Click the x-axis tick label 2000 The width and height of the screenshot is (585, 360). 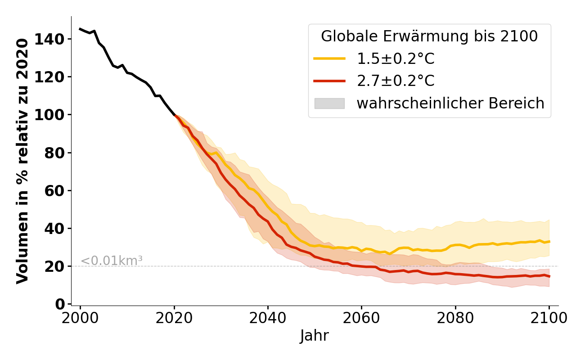point(80,318)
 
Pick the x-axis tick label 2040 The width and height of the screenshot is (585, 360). point(268,318)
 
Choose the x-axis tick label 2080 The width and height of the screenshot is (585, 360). point(455,318)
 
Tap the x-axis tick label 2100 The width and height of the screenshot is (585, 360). point(549,318)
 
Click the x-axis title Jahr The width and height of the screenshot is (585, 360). point(314,336)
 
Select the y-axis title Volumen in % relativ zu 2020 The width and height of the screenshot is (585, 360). point(22,161)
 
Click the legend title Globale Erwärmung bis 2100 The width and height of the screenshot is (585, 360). point(429,36)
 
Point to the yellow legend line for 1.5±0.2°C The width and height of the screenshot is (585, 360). point(329,58)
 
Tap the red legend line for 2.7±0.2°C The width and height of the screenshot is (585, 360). point(329,81)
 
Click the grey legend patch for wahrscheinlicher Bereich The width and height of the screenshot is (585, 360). point(329,103)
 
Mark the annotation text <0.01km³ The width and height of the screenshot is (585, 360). point(112,261)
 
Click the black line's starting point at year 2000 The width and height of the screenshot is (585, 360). point(80,29)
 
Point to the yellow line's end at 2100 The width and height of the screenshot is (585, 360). point(549,242)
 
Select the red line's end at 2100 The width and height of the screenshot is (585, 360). point(549,276)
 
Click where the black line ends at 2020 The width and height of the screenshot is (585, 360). point(174,115)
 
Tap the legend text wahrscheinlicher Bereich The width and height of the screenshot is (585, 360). point(450,103)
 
